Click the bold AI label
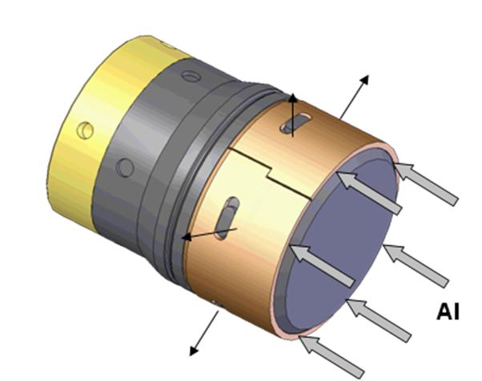[x=448, y=311]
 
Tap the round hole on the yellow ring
[x=85, y=130]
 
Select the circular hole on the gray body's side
[x=125, y=167]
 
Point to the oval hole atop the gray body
[x=191, y=76]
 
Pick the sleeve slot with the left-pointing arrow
[x=227, y=218]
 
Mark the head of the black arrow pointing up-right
[x=364, y=79]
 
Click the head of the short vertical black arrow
[x=292, y=98]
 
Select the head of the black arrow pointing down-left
[x=193, y=351]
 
